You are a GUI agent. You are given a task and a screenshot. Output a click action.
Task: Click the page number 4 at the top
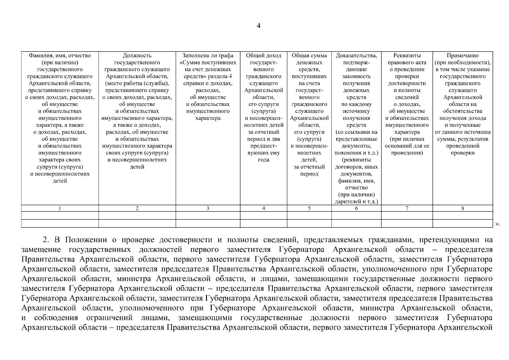(x=258, y=26)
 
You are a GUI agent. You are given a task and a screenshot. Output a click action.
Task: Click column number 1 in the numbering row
(x=60, y=208)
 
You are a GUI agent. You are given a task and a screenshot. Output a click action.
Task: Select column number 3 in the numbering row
(x=208, y=208)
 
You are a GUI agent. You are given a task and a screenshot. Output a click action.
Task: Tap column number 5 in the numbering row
(x=309, y=208)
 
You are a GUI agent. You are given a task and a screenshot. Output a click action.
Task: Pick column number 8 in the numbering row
(x=463, y=208)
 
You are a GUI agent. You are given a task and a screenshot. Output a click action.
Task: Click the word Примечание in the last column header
(x=463, y=55)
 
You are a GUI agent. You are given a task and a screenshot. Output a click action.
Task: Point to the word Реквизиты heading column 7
(x=407, y=55)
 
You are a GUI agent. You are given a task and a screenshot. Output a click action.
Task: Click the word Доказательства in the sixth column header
(x=356, y=55)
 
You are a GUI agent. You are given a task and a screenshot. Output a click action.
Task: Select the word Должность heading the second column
(x=137, y=55)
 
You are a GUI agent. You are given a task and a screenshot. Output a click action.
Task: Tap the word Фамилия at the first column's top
(x=39, y=55)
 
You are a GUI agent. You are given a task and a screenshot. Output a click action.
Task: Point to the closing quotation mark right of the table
(x=498, y=224)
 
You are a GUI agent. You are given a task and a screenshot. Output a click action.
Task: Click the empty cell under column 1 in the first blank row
(x=60, y=215)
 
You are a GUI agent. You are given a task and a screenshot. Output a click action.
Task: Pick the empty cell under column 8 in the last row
(x=463, y=223)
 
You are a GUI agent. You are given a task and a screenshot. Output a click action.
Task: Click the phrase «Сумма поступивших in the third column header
(x=208, y=63)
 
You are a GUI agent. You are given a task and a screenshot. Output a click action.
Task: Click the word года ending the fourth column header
(x=263, y=160)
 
